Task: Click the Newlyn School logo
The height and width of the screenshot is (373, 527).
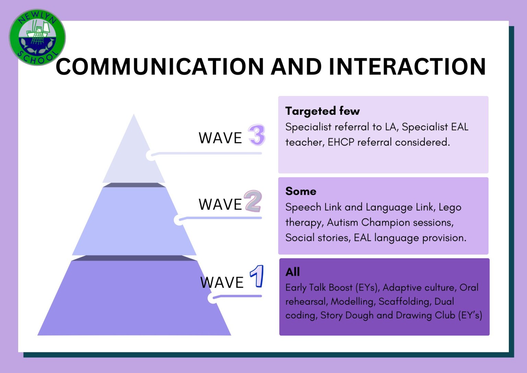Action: tap(37, 37)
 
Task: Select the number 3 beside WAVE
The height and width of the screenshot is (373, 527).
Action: tap(257, 135)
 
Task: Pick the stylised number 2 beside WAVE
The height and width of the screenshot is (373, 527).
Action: tap(253, 201)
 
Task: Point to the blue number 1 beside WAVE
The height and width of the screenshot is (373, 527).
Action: tap(257, 276)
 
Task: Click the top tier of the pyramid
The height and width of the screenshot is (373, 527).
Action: tap(133, 155)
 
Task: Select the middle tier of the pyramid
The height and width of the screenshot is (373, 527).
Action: tap(134, 223)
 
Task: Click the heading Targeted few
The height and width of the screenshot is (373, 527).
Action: tap(322, 111)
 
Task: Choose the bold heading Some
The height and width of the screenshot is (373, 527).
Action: tap(301, 191)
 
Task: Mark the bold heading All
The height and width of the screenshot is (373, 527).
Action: tap(292, 272)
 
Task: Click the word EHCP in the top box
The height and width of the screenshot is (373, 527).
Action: tap(341, 142)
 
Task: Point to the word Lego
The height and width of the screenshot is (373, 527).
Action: tap(450, 207)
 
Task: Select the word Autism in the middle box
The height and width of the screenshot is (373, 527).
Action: tap(342, 223)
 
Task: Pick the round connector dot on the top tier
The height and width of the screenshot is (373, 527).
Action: tap(150, 155)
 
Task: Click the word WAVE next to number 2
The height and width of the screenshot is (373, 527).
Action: tap(220, 205)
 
